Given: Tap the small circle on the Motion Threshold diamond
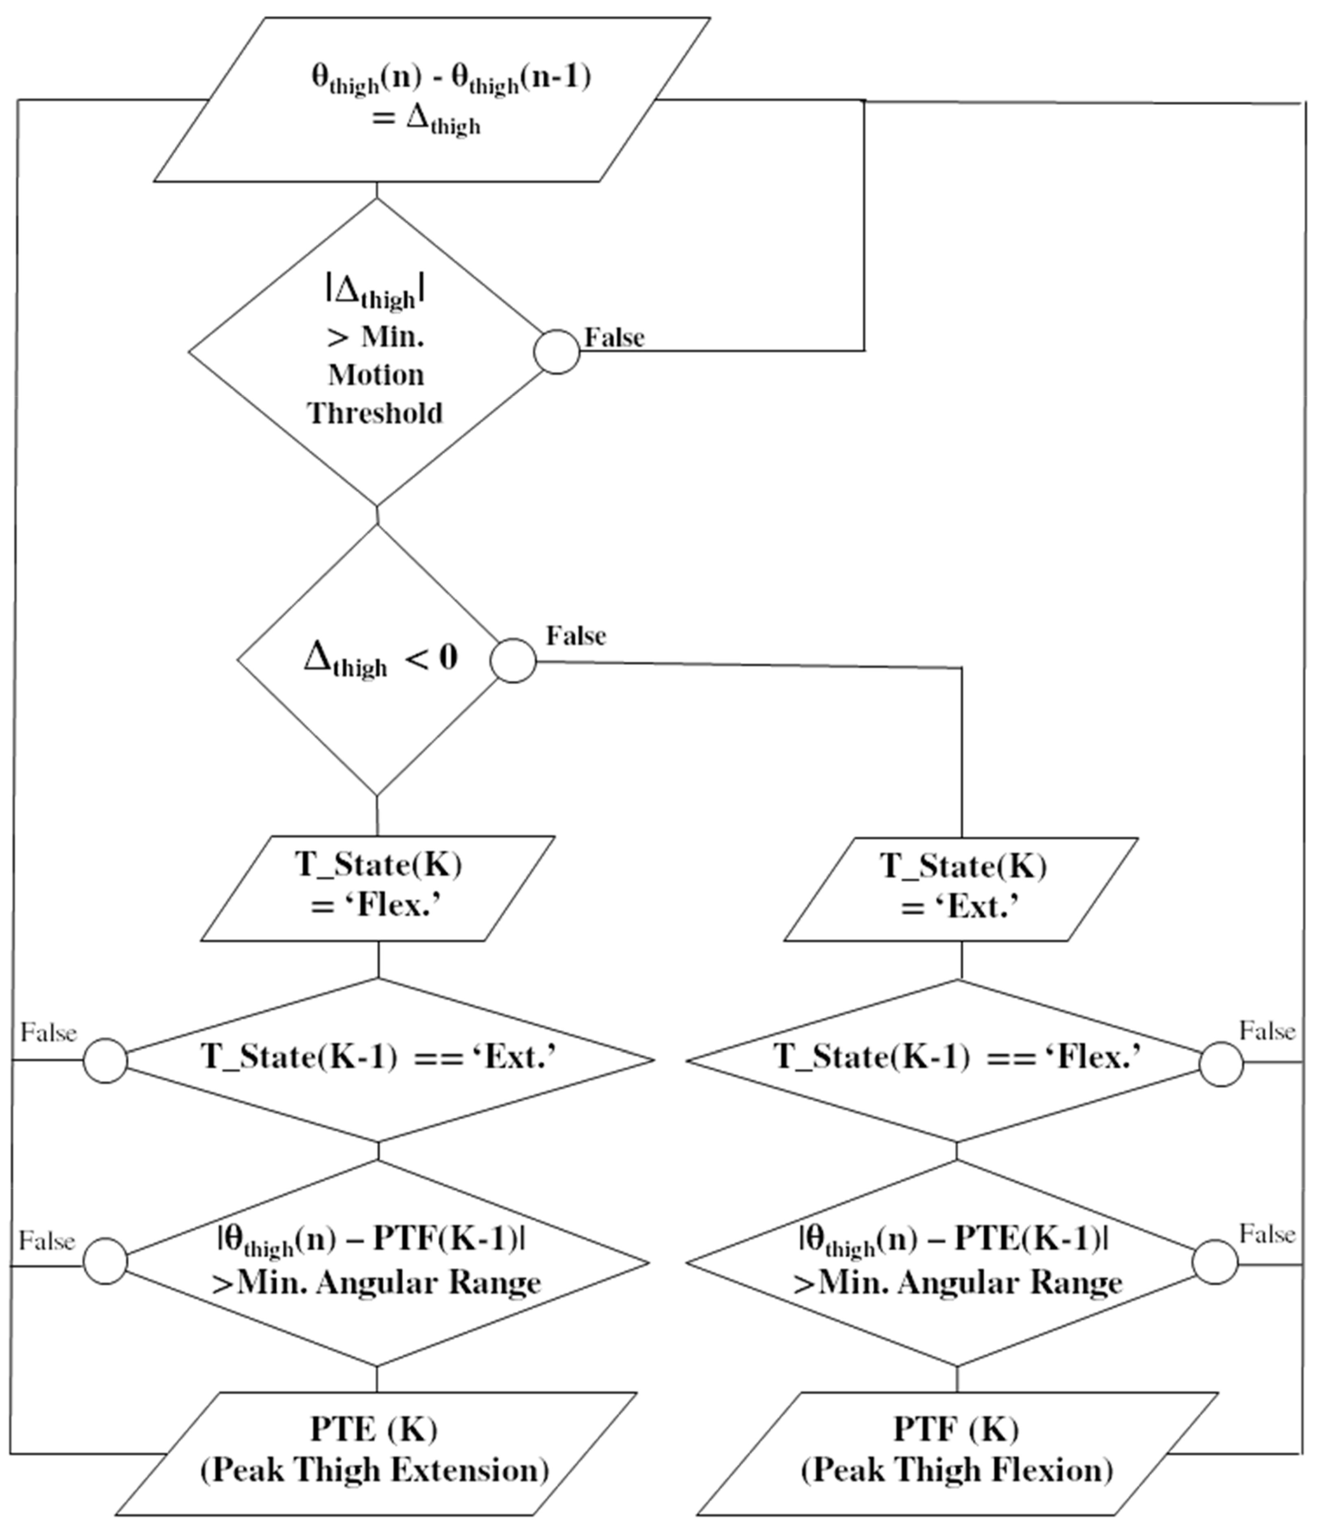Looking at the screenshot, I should [557, 351].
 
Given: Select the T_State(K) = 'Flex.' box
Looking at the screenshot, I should [378, 888].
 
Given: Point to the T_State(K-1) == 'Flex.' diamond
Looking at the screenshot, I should [957, 1059].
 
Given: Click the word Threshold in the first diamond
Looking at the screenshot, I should [376, 412].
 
